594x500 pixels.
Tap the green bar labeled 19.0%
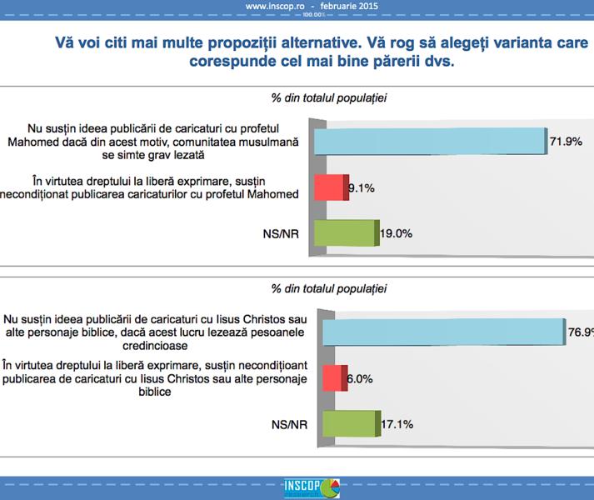[x=345, y=234]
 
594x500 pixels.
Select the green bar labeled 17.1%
[x=348, y=423]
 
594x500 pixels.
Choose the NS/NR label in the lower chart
[x=283, y=423]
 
